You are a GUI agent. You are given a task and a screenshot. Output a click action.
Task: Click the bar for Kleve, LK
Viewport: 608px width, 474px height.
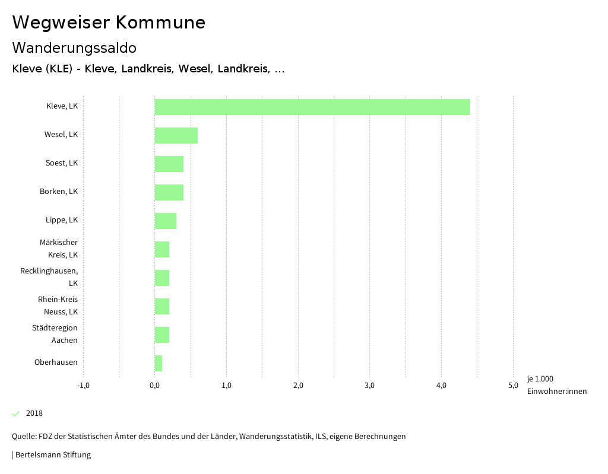pyautogui.click(x=312, y=107)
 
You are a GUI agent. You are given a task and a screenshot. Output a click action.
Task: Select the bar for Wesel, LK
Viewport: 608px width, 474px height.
pyautogui.click(x=176, y=135)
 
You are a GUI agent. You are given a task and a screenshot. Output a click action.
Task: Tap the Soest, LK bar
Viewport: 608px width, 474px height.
pyautogui.click(x=169, y=164)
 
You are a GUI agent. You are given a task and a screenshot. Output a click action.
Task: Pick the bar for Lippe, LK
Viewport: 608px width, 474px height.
pyautogui.click(x=166, y=221)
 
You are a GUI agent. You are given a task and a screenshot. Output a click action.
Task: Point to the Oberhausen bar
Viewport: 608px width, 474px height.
pyautogui.click(x=159, y=363)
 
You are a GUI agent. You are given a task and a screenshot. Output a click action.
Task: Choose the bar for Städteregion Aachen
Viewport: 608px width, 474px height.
pyautogui.click(x=162, y=335)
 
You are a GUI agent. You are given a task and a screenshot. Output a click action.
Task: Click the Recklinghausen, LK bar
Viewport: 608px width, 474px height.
pyautogui.click(x=162, y=278)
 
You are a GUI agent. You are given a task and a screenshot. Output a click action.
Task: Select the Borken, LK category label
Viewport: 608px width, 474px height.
pyautogui.click(x=59, y=192)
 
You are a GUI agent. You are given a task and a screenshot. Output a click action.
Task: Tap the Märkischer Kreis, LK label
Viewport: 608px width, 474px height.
pyautogui.click(x=62, y=249)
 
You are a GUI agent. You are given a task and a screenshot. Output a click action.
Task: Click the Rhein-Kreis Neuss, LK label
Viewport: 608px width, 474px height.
pyautogui.click(x=58, y=306)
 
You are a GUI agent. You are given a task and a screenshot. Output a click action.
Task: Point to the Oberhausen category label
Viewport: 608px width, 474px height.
pyautogui.click(x=56, y=362)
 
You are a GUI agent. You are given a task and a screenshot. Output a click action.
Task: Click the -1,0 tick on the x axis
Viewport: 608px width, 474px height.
pyautogui.click(x=83, y=386)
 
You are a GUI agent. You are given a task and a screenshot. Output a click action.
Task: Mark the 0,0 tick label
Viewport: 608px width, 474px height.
pyautogui.click(x=155, y=386)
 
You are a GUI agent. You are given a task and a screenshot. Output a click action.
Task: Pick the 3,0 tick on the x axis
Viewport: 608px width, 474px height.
pyautogui.click(x=370, y=386)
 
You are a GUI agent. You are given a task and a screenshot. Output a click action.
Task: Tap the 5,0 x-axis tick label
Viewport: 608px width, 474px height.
pyautogui.click(x=513, y=386)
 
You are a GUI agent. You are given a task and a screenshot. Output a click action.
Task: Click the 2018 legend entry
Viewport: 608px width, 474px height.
pyautogui.click(x=34, y=413)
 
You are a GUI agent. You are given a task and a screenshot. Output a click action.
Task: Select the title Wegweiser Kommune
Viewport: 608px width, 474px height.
pyautogui.click(x=109, y=23)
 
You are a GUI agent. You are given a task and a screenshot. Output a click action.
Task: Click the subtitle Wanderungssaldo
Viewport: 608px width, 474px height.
pyautogui.click(x=74, y=47)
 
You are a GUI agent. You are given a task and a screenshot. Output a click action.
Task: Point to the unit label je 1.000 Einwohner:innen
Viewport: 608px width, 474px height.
pyautogui.click(x=556, y=385)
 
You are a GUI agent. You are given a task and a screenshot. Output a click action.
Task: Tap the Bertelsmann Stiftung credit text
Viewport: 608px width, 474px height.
pyautogui.click(x=52, y=455)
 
